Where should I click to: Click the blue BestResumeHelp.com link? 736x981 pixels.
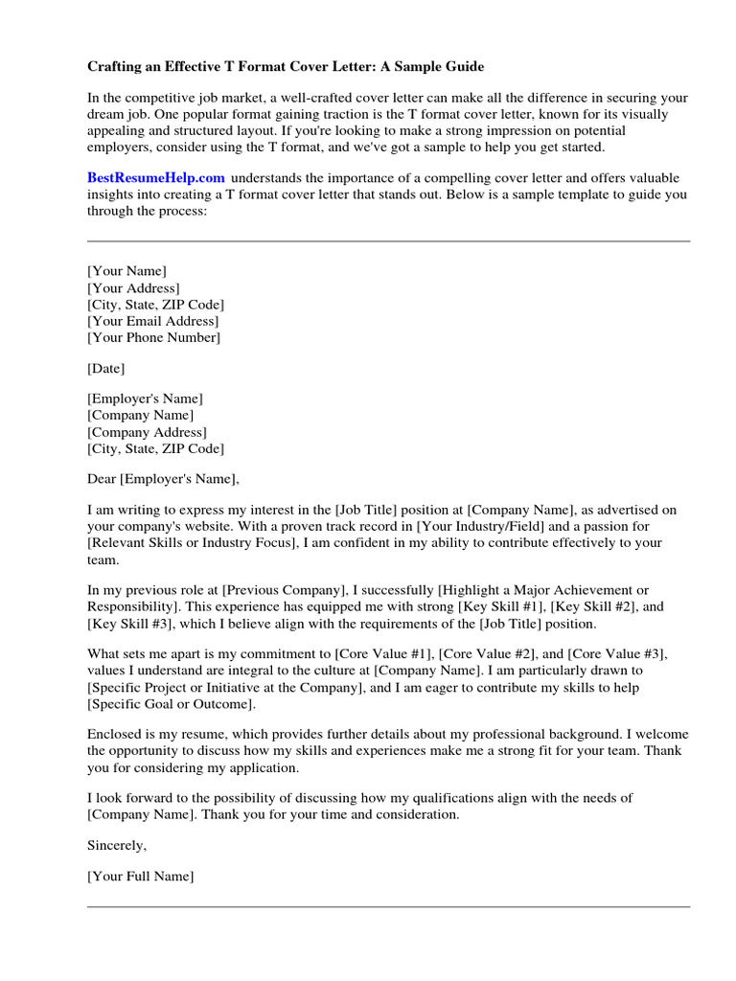pos(156,177)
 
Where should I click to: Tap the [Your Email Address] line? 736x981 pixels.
pos(152,321)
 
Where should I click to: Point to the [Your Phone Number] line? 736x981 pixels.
pos(153,337)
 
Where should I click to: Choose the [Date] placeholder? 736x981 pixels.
pos(105,368)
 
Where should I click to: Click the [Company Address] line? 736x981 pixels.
pos(146,432)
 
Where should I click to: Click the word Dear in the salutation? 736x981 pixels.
pos(102,479)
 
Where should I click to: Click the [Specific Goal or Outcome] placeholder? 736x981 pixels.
pos(171,704)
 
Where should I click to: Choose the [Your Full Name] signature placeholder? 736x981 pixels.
pos(141,876)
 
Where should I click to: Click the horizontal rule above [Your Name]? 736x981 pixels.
pos(388,241)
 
